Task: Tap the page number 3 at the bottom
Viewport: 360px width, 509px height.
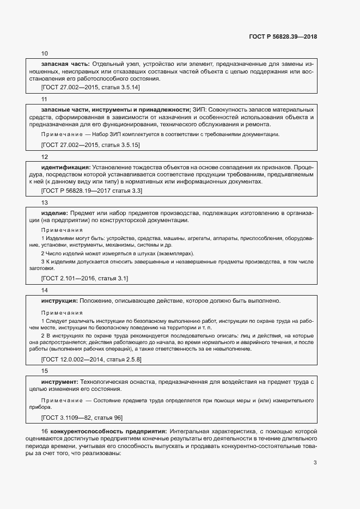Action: click(315, 463)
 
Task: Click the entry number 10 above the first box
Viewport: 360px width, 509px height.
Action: click(45, 53)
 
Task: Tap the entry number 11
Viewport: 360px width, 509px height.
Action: click(45, 99)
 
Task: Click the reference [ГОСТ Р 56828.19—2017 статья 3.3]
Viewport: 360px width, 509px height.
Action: click(92, 191)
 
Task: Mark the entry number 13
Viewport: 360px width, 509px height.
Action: click(45, 202)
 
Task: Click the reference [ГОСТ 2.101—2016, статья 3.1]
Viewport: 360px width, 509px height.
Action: click(84, 278)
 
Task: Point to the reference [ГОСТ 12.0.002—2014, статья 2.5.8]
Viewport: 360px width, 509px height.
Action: click(91, 360)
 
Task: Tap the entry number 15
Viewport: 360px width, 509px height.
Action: click(45, 371)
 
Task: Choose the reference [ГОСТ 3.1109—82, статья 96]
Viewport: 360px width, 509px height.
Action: click(82, 418)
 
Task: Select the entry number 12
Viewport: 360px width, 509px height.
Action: click(45, 156)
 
